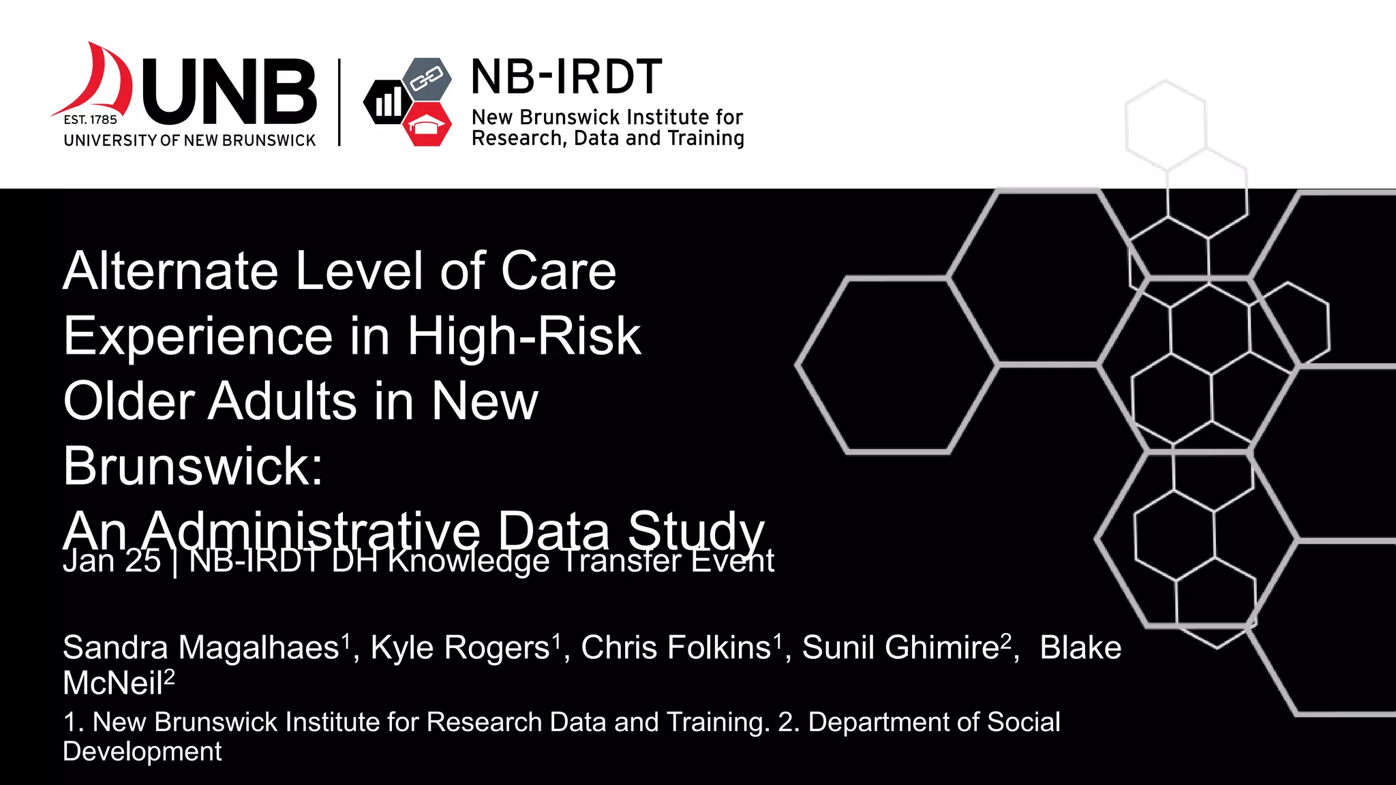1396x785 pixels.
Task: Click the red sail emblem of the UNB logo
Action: pyautogui.click(x=102, y=82)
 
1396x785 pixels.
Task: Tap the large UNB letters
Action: pyautogui.click(x=230, y=91)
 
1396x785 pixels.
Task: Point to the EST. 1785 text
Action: pyautogui.click(x=90, y=120)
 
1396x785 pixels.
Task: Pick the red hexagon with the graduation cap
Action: pyautogui.click(x=427, y=125)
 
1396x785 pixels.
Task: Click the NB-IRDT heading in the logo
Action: pyautogui.click(x=566, y=76)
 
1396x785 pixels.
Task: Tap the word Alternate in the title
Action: pyautogui.click(x=170, y=271)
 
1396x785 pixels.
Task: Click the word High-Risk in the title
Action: pyautogui.click(x=523, y=336)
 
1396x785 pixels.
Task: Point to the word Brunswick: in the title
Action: pyautogui.click(x=193, y=466)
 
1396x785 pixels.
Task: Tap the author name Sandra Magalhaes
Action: pyautogui.click(x=201, y=647)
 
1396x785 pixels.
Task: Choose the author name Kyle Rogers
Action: pyautogui.click(x=460, y=647)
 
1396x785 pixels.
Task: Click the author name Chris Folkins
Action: pyautogui.click(x=676, y=647)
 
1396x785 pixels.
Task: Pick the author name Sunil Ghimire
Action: pyautogui.click(x=900, y=647)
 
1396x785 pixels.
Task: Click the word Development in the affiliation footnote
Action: pyautogui.click(x=142, y=752)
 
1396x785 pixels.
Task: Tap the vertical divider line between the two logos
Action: pyautogui.click(x=339, y=102)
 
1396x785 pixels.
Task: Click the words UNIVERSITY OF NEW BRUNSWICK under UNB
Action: pyautogui.click(x=189, y=140)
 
